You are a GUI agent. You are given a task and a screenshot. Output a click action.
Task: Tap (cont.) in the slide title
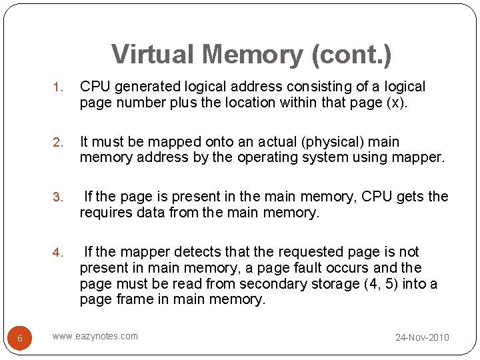click(351, 55)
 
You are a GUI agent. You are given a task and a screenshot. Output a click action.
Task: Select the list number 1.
click(57, 87)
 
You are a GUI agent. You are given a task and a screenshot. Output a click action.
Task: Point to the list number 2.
click(57, 143)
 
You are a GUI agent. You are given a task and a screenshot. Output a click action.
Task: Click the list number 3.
click(57, 197)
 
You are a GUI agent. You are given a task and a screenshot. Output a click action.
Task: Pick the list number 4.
click(57, 253)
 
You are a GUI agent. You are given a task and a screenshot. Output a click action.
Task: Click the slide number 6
click(20, 338)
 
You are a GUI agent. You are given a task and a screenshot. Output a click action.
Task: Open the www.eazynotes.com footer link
click(95, 336)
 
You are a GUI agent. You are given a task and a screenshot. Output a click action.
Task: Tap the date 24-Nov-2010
click(422, 337)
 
